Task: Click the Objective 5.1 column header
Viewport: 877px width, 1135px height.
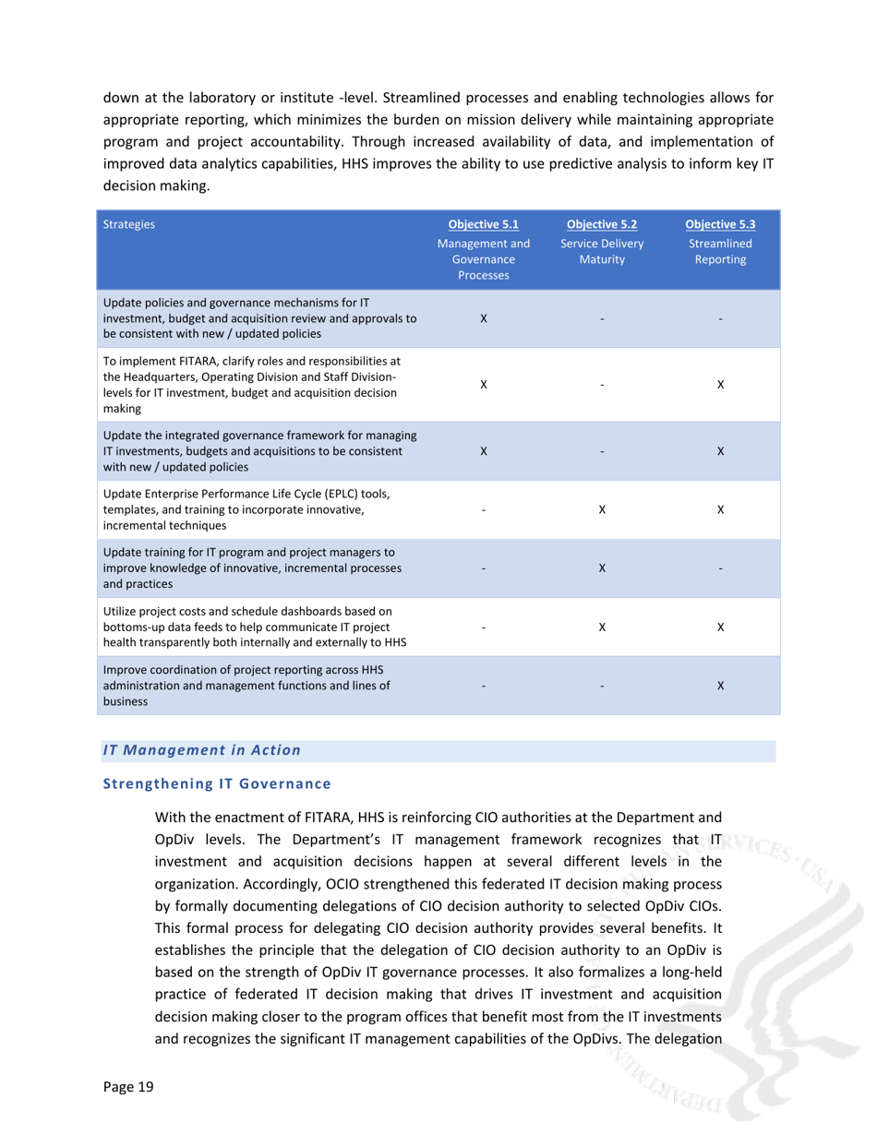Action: click(484, 223)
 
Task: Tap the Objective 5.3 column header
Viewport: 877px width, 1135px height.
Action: click(720, 223)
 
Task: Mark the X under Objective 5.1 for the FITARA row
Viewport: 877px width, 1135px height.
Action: click(484, 384)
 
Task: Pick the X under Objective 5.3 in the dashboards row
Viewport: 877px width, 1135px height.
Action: click(720, 626)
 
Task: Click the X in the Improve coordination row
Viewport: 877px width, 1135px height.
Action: click(720, 684)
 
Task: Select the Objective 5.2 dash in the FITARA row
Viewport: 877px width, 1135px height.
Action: click(602, 384)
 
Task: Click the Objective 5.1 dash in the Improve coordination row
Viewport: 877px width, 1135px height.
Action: click(484, 684)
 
